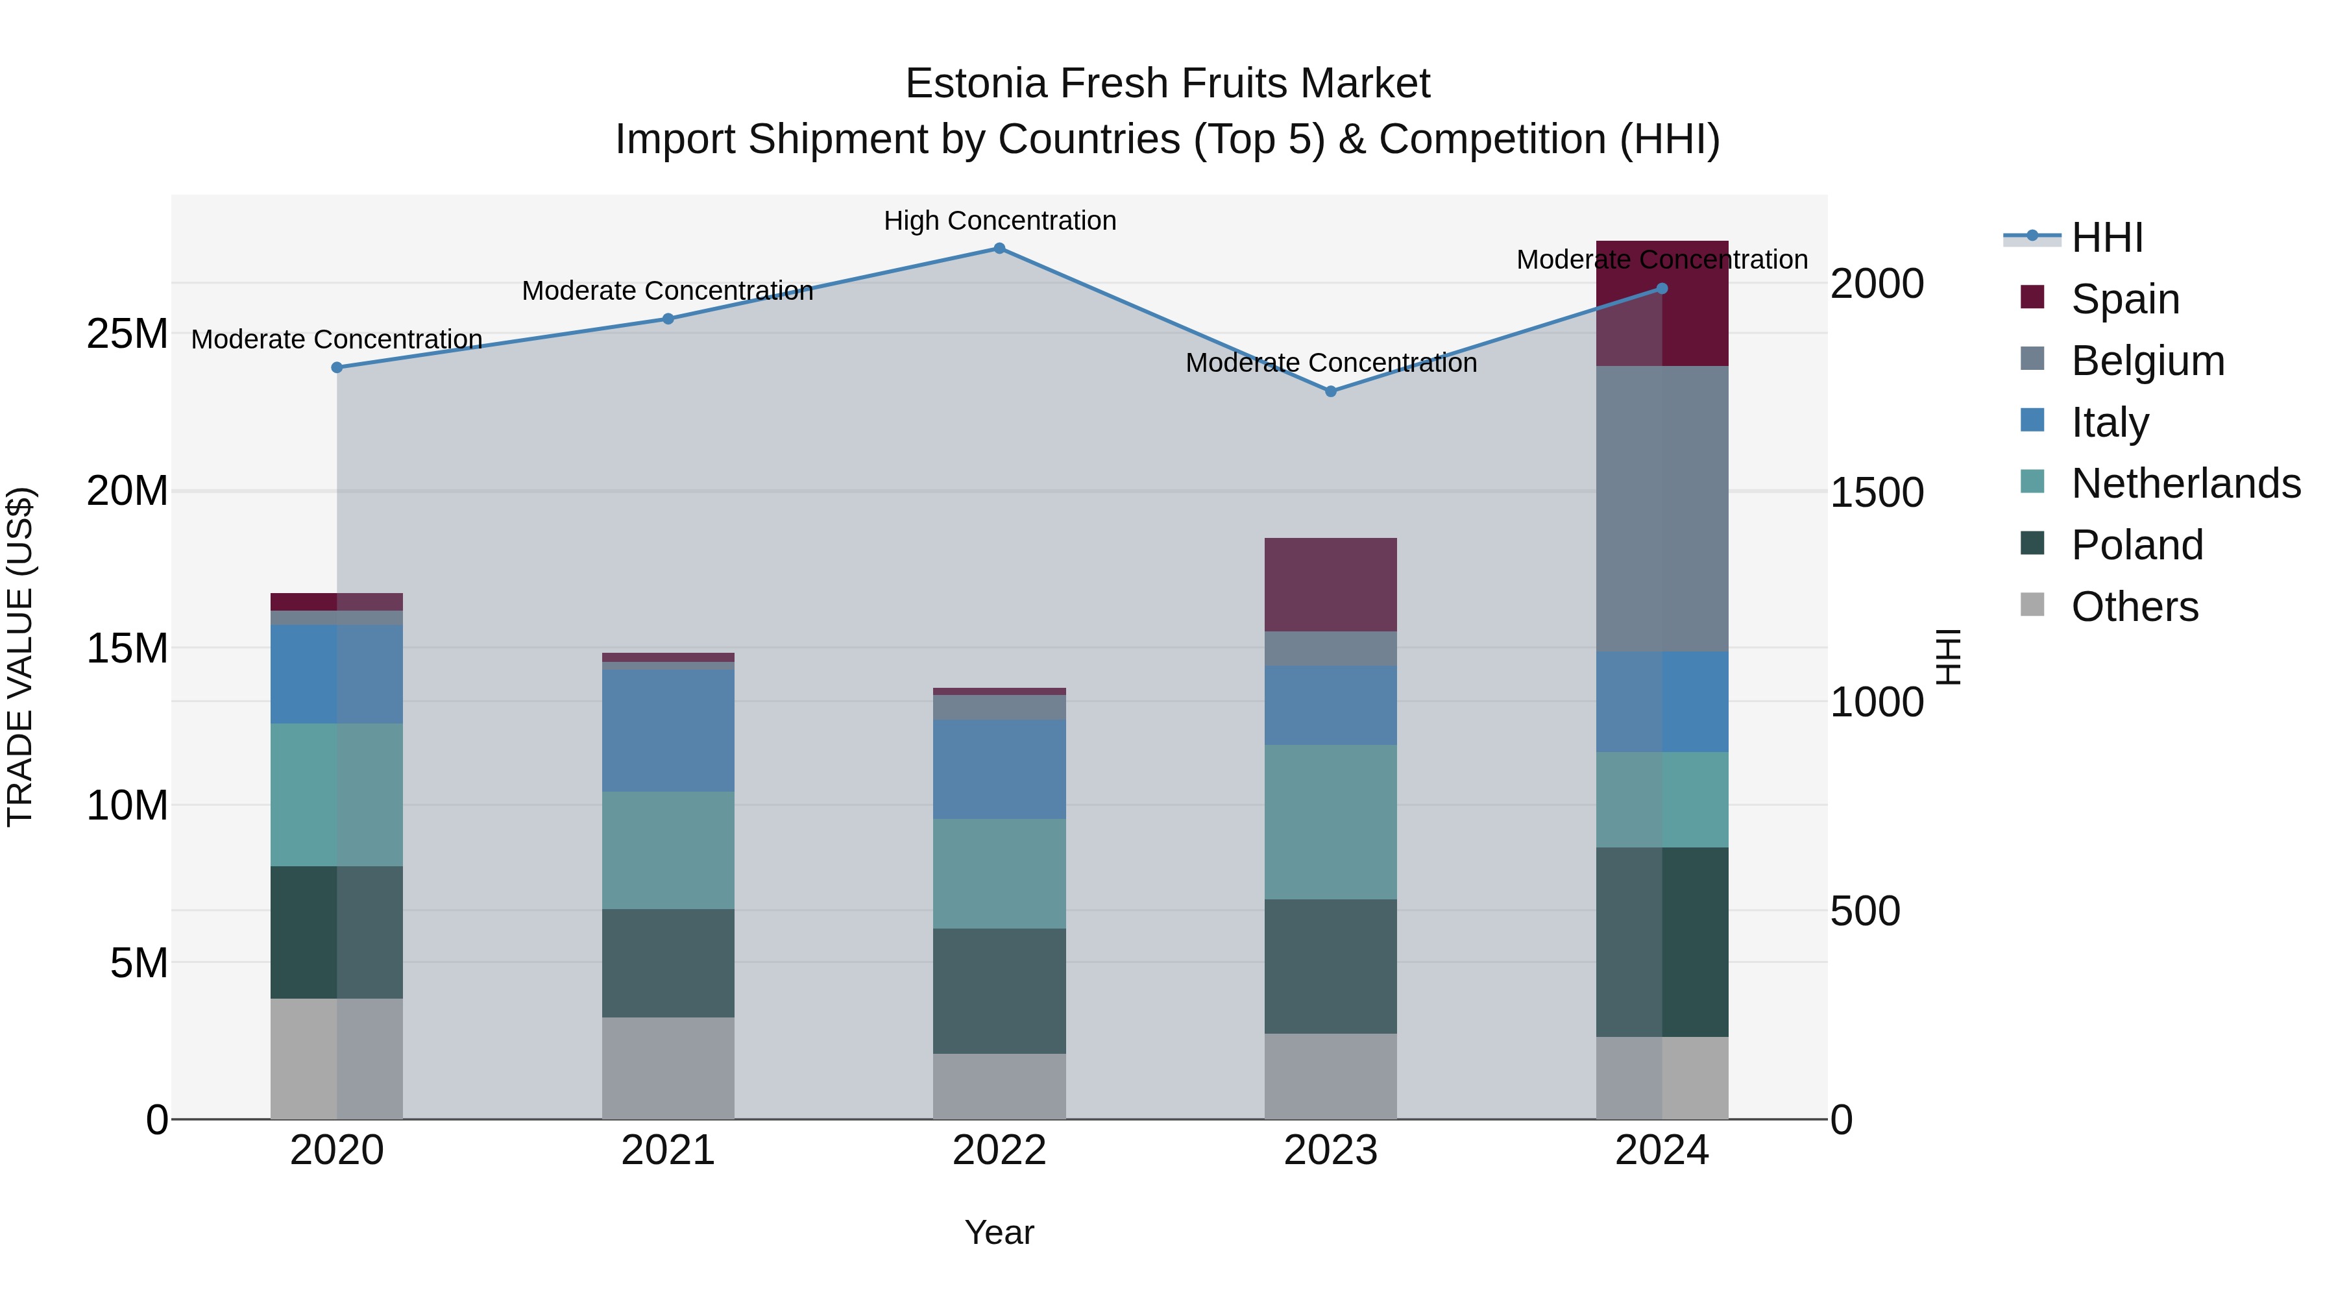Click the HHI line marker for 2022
[x=999, y=249]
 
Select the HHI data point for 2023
[x=1330, y=392]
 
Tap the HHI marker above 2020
[x=336, y=367]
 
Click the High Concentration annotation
[x=999, y=221]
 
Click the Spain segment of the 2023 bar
[x=1330, y=584]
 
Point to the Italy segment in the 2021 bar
[x=668, y=730]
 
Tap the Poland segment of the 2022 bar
[x=999, y=990]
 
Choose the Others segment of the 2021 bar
[x=668, y=1067]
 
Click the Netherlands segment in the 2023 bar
[x=1330, y=821]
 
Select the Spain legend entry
[x=2124, y=299]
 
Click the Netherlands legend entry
[x=2185, y=483]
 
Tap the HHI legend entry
[x=2106, y=237]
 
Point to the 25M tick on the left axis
[x=127, y=334]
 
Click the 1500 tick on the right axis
[x=1876, y=493]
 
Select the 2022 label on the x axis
[x=999, y=1150]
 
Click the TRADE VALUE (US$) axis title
[x=20, y=657]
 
